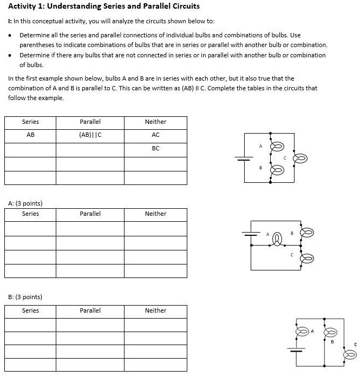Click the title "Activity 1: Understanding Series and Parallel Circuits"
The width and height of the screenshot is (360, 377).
104,6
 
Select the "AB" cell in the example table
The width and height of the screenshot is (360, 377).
30,135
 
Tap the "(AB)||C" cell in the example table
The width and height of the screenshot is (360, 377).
90,135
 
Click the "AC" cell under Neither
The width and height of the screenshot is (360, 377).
156,135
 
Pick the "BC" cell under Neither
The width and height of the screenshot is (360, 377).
156,148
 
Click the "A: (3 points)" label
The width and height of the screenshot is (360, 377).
25,203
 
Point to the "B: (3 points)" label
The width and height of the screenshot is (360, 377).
25,297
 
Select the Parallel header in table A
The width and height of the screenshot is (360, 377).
90,214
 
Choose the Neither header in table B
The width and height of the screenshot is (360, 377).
156,310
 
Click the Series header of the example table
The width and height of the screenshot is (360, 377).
30,122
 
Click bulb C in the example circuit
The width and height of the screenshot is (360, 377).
300,158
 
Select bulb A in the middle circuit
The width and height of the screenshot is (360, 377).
278,239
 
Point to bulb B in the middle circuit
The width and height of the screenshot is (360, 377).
307,233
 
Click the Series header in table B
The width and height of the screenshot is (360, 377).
30,310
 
